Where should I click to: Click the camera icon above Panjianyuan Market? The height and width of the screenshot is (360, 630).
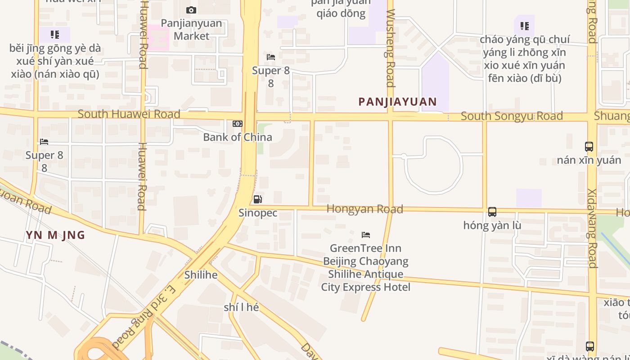[x=191, y=10]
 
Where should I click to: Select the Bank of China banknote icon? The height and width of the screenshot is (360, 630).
[x=238, y=124]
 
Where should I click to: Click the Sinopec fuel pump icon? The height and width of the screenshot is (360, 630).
[x=257, y=199]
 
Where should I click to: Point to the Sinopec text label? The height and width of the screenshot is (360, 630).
[x=258, y=213]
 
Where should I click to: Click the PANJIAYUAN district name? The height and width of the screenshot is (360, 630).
[x=397, y=102]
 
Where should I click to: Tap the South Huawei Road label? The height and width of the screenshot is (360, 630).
[x=129, y=114]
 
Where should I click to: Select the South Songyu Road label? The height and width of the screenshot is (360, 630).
[x=512, y=116]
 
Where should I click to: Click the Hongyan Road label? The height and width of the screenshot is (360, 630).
[x=364, y=209]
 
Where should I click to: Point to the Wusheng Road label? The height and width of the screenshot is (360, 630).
[x=390, y=48]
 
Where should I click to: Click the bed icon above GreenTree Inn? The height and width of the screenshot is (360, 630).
[x=366, y=235]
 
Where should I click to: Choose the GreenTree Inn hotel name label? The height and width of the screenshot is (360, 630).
[x=365, y=267]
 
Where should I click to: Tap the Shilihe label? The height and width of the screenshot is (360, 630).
[x=201, y=274]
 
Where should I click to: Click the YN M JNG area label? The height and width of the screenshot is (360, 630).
[x=55, y=235]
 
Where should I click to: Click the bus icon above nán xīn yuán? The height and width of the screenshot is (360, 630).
[x=589, y=147]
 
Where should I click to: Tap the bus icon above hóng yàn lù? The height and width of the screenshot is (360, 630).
[x=492, y=212]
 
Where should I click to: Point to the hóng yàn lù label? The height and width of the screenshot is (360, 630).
[x=492, y=225]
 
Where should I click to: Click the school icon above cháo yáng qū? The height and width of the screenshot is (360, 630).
[x=524, y=26]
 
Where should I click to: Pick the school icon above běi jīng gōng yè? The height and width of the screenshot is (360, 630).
[x=55, y=35]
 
